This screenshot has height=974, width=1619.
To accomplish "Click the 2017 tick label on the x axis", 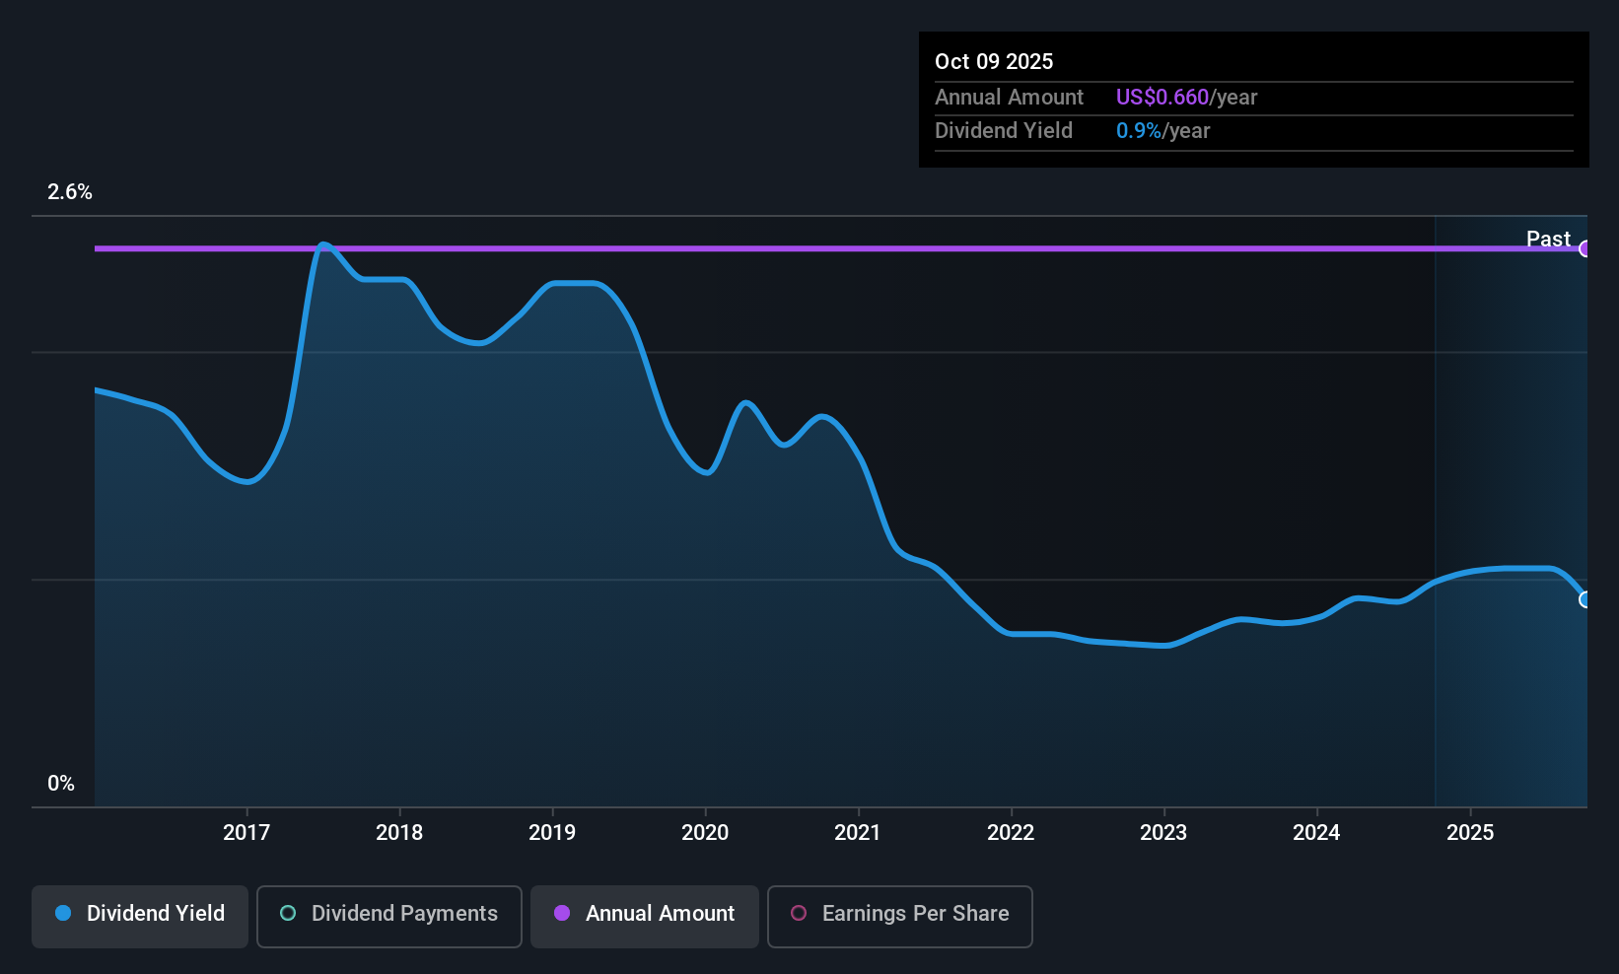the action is [x=246, y=832].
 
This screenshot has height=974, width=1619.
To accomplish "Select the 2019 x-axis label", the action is [x=552, y=832].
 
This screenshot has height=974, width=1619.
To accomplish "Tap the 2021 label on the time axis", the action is [x=858, y=832].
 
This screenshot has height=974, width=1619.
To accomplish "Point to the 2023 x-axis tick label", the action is [x=1163, y=832].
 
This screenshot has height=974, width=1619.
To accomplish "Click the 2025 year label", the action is [x=1470, y=832].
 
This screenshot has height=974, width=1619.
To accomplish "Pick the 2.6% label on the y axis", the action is [x=69, y=192].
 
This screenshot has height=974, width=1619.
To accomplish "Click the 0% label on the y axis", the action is [x=61, y=784].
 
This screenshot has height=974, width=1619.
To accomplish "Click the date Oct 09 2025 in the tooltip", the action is [x=994, y=62].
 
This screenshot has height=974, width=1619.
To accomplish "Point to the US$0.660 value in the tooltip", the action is [x=1162, y=97].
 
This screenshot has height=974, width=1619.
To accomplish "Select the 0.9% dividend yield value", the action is [x=1139, y=131].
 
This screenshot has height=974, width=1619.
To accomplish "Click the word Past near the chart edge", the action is [x=1548, y=239].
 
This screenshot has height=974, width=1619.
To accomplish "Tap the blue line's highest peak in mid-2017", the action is [x=323, y=244].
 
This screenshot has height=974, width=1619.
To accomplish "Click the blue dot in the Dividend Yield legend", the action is [x=64, y=913].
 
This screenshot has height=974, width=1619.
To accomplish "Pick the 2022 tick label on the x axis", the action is [x=1011, y=832].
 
